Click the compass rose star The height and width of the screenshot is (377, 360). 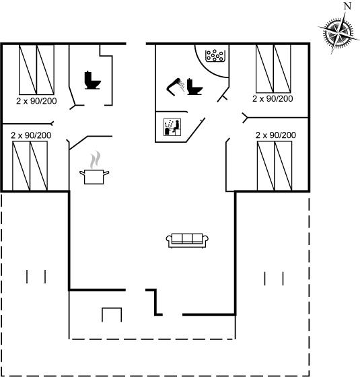tap(339, 32)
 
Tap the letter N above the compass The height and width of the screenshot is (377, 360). tap(347, 6)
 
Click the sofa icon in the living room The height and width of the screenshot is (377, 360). tap(187, 240)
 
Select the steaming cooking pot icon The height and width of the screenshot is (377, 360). tap(94, 168)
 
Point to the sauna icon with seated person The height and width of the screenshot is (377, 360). tap(172, 127)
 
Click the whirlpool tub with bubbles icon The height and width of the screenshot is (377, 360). tap(215, 55)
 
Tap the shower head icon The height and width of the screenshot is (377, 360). tap(176, 87)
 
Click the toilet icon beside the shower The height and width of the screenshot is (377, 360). tap(194, 87)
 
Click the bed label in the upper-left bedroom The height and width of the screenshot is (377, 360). tap(36, 101)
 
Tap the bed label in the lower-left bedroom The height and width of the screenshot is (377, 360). tap(31, 135)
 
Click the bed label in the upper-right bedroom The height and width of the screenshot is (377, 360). tap(273, 98)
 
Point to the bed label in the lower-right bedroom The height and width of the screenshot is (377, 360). tap(276, 135)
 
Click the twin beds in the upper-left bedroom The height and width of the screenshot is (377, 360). tap(36, 69)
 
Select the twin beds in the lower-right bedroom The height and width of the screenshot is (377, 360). tap(275, 166)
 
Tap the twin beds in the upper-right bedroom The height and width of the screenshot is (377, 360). tap(273, 69)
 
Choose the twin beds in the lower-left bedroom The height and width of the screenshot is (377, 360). tap(30, 166)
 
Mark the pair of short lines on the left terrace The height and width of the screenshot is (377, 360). tap(36, 277)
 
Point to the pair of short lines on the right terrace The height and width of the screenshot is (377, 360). tap(274, 279)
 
